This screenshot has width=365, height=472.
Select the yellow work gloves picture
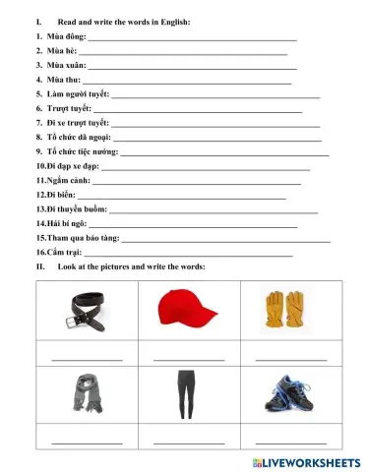[x=278, y=307]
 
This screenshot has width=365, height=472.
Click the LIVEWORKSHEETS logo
[x=308, y=461]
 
